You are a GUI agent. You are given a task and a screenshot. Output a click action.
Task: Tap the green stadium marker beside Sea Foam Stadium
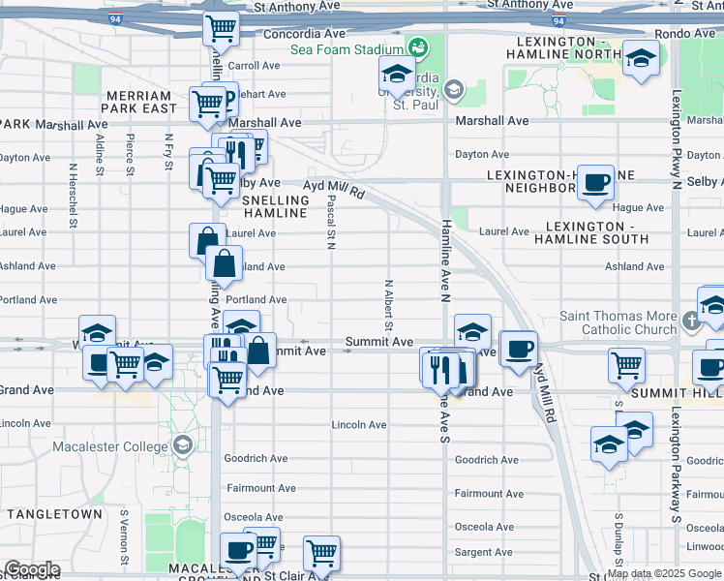418,46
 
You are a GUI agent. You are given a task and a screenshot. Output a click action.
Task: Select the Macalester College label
115,444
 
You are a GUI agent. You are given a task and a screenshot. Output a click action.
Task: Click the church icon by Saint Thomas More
691,321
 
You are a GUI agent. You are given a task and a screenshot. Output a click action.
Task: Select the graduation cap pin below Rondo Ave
640,58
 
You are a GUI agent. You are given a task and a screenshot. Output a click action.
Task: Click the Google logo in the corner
31,569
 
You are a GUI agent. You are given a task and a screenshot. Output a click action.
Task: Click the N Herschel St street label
73,188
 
